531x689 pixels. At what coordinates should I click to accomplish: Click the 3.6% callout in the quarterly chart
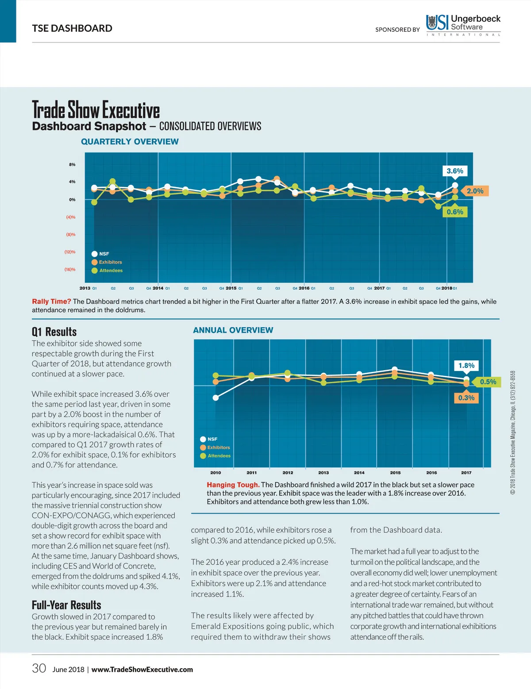tap(455, 171)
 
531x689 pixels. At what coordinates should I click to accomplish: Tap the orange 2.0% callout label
tap(475, 191)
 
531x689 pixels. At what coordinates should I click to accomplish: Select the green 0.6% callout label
tap(455, 212)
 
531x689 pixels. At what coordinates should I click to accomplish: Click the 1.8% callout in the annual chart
tap(466, 366)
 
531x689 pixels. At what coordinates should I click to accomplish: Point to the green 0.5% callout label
tap(488, 382)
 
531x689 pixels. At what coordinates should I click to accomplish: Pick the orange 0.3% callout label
tap(466, 398)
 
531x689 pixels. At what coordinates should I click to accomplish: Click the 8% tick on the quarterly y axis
tap(72, 165)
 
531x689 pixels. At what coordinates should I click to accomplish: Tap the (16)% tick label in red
tap(70, 269)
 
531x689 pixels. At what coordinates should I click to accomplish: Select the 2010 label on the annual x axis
tap(215, 473)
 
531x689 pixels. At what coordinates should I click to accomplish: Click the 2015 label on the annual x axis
tap(395, 473)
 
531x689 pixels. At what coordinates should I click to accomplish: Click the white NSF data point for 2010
tap(215, 398)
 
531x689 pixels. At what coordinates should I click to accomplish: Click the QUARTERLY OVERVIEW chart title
tap(130, 142)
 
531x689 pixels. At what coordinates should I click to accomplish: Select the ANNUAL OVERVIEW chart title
tap(233, 330)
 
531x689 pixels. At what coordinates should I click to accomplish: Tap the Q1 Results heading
tap(54, 332)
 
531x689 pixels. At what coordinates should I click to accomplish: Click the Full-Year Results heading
tap(66, 605)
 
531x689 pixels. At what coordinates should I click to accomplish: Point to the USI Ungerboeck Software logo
tap(463, 25)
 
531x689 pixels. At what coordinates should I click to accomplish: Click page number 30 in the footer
tap(39, 668)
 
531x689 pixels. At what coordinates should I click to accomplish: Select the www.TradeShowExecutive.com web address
tap(142, 670)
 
